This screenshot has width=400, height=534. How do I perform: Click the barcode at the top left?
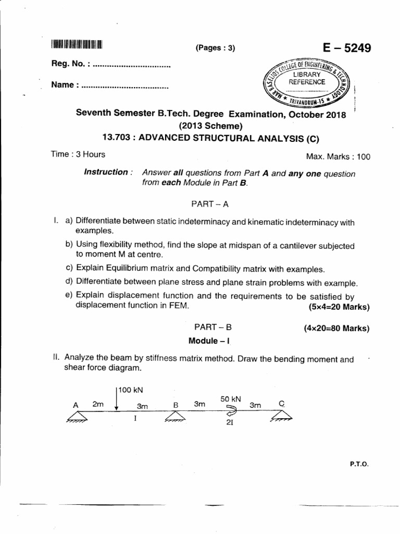[x=78, y=44]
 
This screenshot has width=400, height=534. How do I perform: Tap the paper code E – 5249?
[x=347, y=48]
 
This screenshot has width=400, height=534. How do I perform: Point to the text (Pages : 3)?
[x=216, y=48]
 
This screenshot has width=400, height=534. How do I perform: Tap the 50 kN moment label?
[x=230, y=399]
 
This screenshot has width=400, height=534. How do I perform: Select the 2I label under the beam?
[x=229, y=423]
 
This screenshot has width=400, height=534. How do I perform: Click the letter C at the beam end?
[x=282, y=403]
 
